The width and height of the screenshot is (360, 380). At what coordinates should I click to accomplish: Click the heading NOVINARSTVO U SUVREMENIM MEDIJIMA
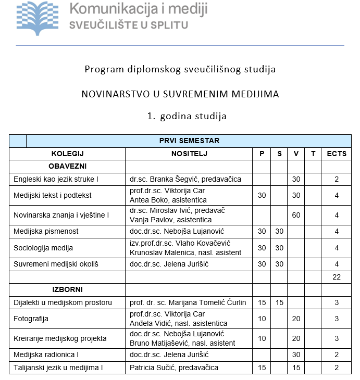[x=180, y=94]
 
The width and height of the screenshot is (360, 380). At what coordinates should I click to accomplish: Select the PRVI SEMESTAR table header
[x=189, y=141]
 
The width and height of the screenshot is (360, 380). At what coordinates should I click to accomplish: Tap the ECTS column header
[x=336, y=154]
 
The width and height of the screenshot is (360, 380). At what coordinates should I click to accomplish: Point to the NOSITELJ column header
[x=189, y=154]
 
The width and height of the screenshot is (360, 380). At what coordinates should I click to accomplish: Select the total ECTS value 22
[x=336, y=277]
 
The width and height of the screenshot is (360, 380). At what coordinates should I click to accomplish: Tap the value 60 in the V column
[x=296, y=214]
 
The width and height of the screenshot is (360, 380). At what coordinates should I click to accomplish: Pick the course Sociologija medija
[x=43, y=248]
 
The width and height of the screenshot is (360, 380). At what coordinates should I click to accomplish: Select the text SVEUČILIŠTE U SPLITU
[x=129, y=24]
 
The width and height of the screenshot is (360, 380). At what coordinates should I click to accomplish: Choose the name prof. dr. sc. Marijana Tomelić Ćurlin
[x=188, y=302]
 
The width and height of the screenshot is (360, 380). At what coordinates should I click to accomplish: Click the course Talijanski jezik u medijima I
[x=58, y=368]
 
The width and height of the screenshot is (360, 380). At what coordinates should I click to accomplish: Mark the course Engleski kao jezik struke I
[x=56, y=179]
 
